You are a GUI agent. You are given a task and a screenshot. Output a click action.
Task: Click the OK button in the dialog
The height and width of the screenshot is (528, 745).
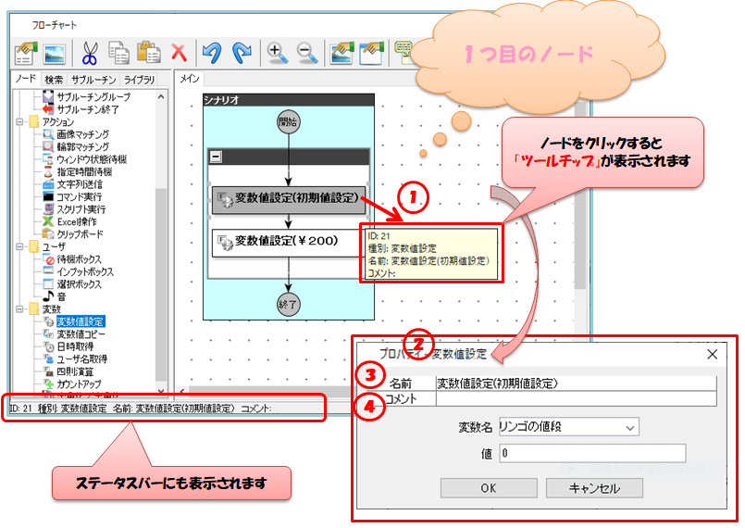point(489,488)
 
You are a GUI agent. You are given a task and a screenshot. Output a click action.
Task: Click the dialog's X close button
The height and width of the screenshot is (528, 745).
point(712,354)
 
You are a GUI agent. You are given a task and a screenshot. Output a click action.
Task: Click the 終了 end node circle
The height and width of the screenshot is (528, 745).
point(289,303)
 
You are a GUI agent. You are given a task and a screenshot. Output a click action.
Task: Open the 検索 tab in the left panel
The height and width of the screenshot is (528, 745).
point(54,80)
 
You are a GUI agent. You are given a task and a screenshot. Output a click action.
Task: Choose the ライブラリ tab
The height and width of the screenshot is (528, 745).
point(140,80)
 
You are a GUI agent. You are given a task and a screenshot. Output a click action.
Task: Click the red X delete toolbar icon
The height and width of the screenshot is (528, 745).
point(179,52)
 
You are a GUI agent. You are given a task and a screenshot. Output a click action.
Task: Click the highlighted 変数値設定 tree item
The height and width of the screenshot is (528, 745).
point(80,321)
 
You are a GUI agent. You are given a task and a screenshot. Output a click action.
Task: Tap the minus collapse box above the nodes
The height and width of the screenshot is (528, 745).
point(216,157)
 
